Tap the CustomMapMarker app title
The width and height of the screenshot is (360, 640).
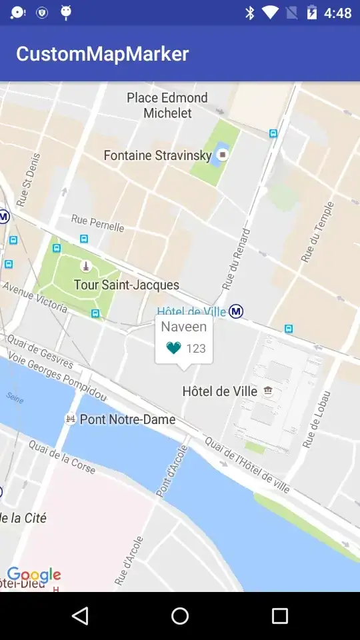102,54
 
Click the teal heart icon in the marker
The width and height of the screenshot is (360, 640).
173,348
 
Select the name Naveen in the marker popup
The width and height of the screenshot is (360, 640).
183,327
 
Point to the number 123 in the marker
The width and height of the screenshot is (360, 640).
196,349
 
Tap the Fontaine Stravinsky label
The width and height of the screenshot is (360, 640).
157,155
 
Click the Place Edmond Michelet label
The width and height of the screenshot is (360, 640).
167,105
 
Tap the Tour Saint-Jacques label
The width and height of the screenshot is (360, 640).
126,285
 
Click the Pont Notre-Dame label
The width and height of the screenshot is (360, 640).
127,419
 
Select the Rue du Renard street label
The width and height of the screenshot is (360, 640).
237,259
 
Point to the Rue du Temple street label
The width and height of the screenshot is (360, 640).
317,231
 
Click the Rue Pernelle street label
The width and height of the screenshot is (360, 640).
97,223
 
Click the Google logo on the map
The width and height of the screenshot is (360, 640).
34,575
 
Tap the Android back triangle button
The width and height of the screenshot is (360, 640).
80,616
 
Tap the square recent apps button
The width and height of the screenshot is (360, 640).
279,616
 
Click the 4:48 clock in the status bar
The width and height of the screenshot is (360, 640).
337,13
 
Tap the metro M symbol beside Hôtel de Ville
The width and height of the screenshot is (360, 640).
236,311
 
